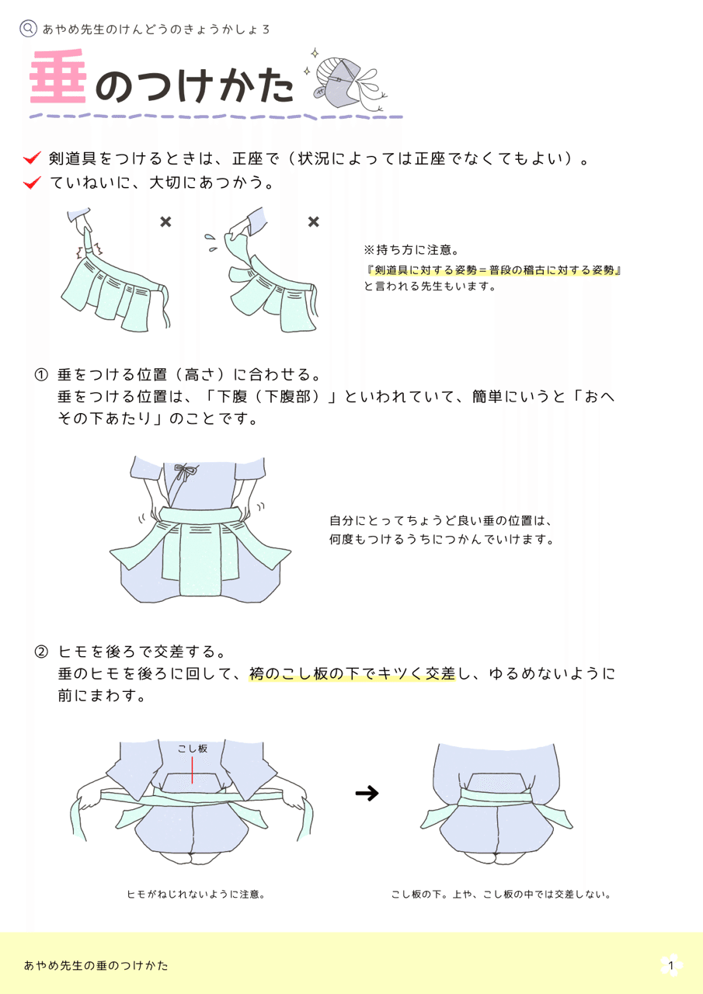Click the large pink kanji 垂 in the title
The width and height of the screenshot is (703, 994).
(58, 78)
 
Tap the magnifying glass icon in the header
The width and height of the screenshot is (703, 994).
(28, 29)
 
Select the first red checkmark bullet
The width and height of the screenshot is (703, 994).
(32, 158)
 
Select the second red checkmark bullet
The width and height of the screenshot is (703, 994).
(32, 183)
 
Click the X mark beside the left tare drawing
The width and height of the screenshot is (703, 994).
(165, 222)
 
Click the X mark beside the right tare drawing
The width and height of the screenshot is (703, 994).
(313, 222)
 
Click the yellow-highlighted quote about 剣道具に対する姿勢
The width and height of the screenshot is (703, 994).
(494, 269)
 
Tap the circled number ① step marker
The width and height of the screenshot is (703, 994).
(41, 375)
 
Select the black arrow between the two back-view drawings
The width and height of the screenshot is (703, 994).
(367, 793)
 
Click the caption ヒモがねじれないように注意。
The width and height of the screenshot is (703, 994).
(197, 894)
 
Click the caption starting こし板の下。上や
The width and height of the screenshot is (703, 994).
(501, 894)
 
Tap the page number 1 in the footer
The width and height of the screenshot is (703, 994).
(671, 965)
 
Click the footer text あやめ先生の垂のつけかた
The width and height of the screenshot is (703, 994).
(96, 965)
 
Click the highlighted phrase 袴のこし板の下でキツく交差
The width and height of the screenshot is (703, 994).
(352, 674)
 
